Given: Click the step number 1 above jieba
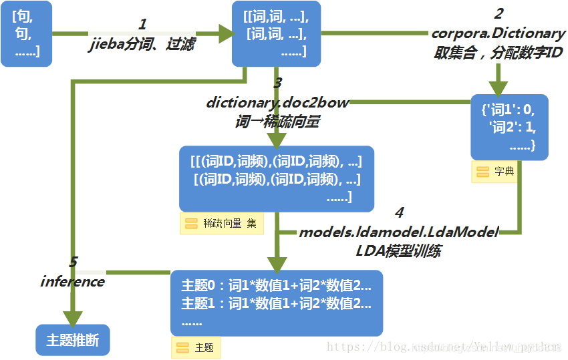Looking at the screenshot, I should coord(142,25).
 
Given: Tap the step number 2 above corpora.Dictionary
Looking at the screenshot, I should coord(498,13).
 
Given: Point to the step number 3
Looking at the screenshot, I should coord(277,83).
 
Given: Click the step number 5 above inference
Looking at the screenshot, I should coord(74,262).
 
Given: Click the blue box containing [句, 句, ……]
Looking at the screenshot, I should coord(26,33).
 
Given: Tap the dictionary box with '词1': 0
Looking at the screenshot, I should coord(509,127).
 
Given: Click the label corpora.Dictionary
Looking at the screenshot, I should coord(499,33).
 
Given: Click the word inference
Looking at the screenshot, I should coord(72,281).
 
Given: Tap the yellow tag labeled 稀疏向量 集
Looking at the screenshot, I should coord(222,224).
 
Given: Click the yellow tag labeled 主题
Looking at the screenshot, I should coord(196,347).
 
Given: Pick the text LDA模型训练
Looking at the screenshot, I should coord(398,252).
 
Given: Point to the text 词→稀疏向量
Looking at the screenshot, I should coord(277,122).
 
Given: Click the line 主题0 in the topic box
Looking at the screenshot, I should coord(276,286).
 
